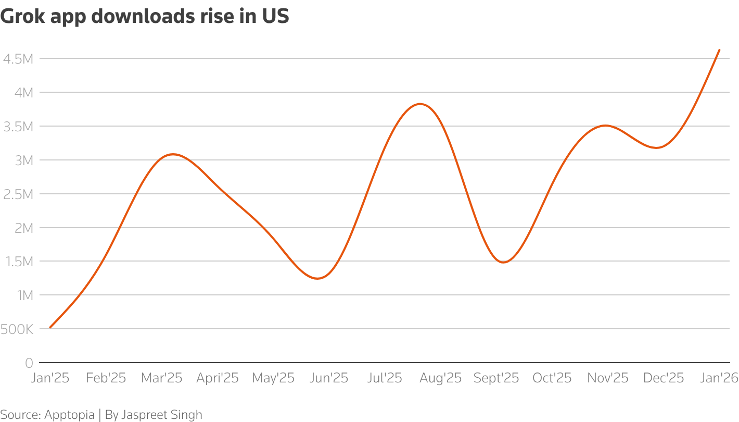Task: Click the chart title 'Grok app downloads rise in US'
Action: tap(145, 17)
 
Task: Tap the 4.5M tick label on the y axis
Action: tap(18, 59)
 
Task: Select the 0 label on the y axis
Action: tap(29, 363)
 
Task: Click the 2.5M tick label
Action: tap(18, 194)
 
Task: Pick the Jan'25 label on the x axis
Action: tap(50, 378)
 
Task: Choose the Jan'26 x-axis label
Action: tap(719, 378)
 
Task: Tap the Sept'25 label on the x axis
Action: tap(496, 378)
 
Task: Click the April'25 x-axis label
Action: tap(218, 378)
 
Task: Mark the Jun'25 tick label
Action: tap(328, 378)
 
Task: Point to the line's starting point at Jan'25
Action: tap(50, 328)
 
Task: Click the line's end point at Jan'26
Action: tap(719, 50)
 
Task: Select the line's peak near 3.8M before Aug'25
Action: tap(421, 104)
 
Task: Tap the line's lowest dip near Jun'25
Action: tap(317, 278)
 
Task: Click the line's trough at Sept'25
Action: tap(503, 262)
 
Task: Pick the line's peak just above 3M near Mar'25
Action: tap(173, 154)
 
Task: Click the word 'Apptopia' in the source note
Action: tap(69, 415)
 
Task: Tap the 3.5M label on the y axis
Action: tap(18, 127)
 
